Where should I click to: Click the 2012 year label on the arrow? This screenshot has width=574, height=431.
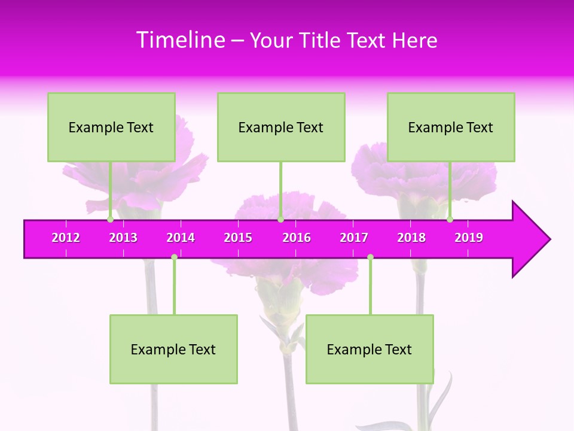(x=66, y=238)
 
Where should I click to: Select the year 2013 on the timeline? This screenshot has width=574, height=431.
(x=123, y=238)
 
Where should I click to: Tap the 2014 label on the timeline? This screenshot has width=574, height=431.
(x=181, y=238)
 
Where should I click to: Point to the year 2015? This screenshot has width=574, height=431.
(x=238, y=238)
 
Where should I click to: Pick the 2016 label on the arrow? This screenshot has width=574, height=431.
(x=297, y=238)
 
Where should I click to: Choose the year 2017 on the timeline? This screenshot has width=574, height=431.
(x=354, y=238)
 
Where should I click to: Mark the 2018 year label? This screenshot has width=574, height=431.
(x=411, y=238)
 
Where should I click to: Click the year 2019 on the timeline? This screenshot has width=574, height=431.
(x=469, y=238)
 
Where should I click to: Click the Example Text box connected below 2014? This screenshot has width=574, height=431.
(x=173, y=349)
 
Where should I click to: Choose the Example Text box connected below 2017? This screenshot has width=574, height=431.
(x=370, y=349)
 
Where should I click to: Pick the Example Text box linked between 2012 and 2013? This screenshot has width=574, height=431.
(x=111, y=127)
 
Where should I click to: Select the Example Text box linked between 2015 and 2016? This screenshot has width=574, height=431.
(x=281, y=127)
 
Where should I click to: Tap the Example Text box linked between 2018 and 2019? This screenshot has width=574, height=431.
(x=451, y=127)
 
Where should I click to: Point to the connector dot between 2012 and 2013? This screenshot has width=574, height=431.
(x=110, y=220)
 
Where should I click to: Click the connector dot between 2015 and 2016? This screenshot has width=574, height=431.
(x=280, y=220)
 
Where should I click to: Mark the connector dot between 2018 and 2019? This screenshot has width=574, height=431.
(x=450, y=220)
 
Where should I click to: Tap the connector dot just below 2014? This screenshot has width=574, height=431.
(x=174, y=257)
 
